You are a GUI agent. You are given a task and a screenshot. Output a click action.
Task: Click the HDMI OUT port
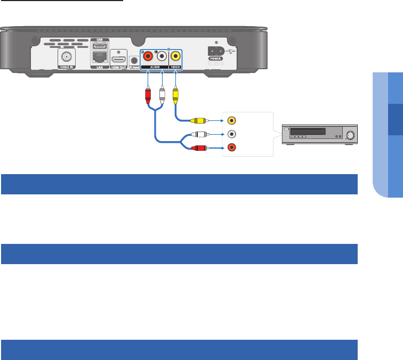118,59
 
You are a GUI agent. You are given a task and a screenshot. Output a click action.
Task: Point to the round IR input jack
134,59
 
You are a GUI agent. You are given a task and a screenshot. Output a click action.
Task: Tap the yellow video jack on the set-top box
175,58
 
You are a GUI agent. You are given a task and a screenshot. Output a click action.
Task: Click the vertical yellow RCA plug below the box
175,96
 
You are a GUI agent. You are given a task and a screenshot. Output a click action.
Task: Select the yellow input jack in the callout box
231,121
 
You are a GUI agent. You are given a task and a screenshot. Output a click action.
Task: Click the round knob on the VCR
350,135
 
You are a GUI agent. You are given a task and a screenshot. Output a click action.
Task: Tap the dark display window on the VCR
307,131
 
